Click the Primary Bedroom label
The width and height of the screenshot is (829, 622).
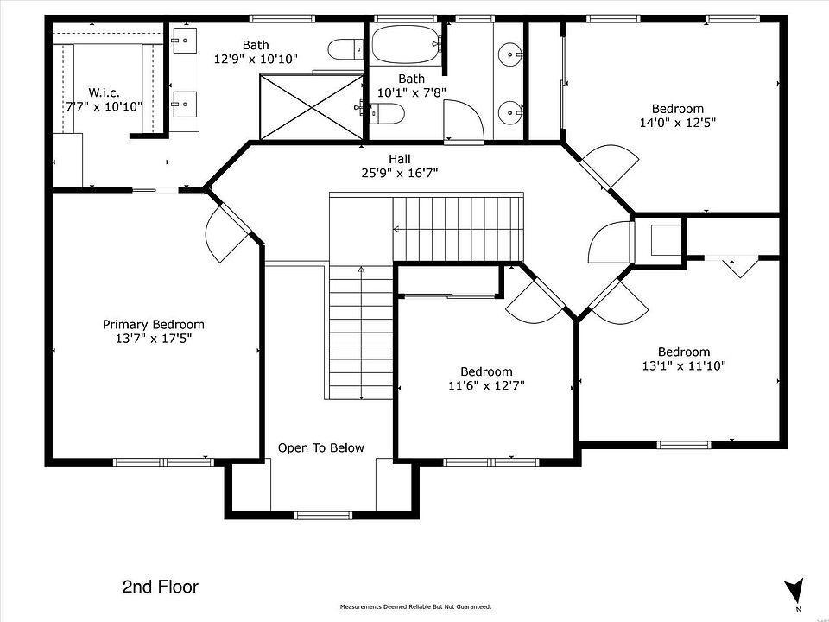click(x=154, y=324)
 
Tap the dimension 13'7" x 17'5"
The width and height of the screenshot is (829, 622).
click(x=154, y=339)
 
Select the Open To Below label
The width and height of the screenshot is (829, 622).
click(x=321, y=448)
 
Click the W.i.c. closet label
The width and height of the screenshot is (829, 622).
click(x=104, y=92)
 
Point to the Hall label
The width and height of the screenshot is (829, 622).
click(x=400, y=159)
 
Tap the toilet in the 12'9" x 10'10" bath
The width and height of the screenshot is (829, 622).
click(x=345, y=50)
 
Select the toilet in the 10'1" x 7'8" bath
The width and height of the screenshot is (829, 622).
click(x=387, y=113)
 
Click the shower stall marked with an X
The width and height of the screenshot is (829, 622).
click(x=312, y=107)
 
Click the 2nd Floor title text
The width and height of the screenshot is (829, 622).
click(x=161, y=587)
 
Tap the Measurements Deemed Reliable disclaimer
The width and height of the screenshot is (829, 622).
click(x=415, y=606)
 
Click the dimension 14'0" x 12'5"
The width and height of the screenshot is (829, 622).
click(x=678, y=123)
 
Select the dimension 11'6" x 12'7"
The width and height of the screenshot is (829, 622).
click(x=486, y=385)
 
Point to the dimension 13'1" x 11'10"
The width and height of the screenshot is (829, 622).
click(x=684, y=365)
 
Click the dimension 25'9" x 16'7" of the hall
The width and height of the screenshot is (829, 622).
click(x=400, y=173)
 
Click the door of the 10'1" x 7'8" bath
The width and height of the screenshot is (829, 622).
click(x=463, y=122)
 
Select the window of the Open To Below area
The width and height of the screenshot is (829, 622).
click(x=322, y=515)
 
